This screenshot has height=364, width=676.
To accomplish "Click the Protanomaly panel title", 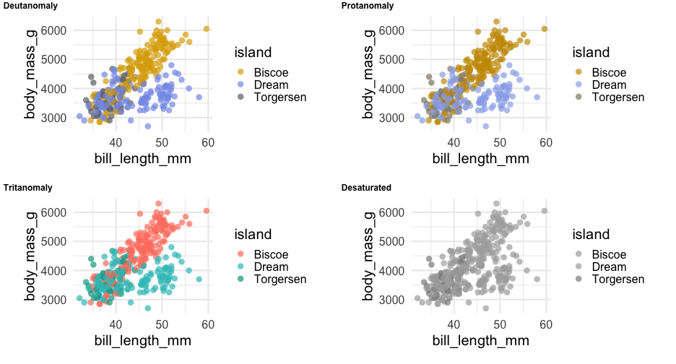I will tap(368, 6).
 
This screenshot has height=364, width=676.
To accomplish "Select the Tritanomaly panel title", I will tap(28, 188).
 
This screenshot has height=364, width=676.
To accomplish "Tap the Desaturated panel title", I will tap(366, 188).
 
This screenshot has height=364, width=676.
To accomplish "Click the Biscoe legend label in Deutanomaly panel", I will tap(271, 72).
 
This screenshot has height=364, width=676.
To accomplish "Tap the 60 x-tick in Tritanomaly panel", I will tap(208, 324).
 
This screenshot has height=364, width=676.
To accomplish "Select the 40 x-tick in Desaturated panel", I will tap(454, 324).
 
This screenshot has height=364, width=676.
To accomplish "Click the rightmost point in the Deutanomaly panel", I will tap(207, 29).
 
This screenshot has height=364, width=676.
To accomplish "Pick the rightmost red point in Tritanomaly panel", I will tap(207, 211).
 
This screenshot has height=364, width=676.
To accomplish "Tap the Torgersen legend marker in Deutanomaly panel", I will tap(240, 97).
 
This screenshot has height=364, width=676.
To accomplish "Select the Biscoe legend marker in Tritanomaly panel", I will tap(240, 254).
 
